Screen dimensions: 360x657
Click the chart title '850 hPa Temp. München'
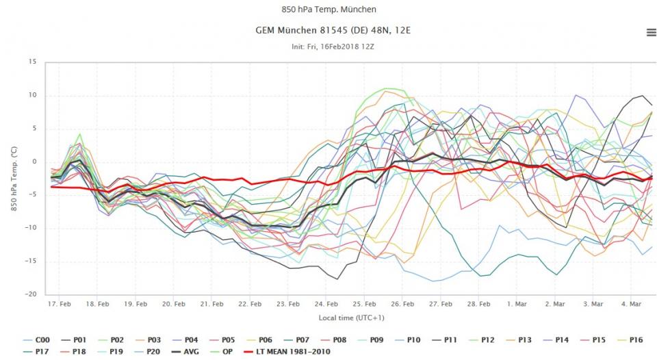(x=328, y=10)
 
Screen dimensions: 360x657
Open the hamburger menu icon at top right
(x=651, y=33)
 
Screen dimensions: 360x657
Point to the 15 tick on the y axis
(x=31, y=62)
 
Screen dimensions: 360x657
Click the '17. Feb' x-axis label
(x=60, y=303)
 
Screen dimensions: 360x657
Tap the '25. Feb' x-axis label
(x=365, y=303)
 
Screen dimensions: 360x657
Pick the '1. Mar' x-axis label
(x=517, y=303)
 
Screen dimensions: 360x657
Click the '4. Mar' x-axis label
(x=631, y=303)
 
